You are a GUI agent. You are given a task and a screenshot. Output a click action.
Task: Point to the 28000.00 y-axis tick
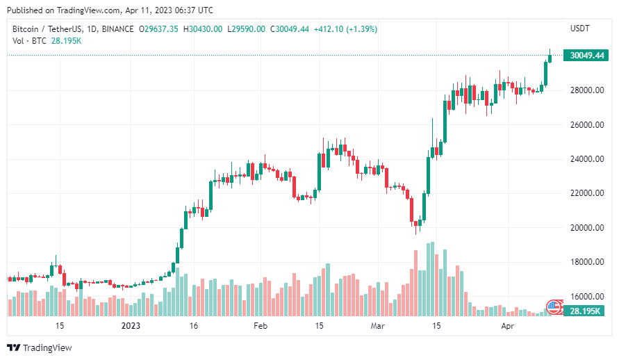click(586, 90)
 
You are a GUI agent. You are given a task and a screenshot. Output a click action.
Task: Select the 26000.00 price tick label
click(586, 125)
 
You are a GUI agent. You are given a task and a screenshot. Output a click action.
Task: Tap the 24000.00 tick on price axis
click(586, 159)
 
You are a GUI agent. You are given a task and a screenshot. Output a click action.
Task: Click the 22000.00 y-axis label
click(586, 193)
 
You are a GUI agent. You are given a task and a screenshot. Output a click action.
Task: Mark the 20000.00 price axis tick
click(586, 228)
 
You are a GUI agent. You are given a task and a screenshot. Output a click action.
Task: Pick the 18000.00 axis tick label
click(586, 262)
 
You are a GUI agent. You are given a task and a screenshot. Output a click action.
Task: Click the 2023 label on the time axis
click(131, 325)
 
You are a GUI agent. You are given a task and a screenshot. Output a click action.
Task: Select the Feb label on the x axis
click(260, 325)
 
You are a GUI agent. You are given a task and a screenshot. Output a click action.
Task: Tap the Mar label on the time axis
click(377, 325)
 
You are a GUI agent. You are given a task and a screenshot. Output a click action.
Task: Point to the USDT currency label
click(580, 28)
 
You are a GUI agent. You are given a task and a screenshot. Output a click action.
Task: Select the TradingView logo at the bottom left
click(40, 347)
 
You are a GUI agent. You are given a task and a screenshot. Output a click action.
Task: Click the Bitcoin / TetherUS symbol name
click(46, 28)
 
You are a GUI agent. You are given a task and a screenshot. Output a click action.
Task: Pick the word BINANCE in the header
click(116, 28)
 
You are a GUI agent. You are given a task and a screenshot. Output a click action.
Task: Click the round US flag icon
click(554, 306)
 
